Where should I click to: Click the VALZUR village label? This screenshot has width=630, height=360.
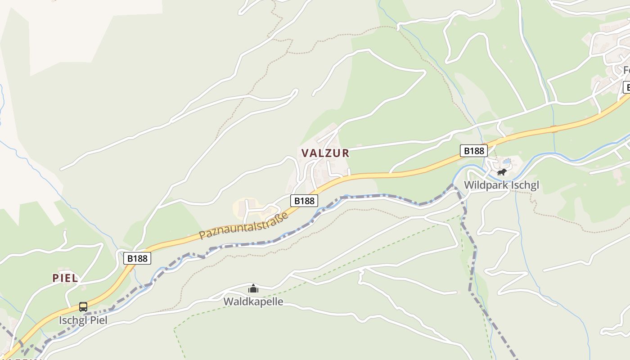tap(325, 153)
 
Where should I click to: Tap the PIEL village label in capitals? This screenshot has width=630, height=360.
tap(65, 278)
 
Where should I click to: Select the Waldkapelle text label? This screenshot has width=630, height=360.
tap(253, 301)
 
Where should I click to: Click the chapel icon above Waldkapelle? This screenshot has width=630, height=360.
tap(253, 288)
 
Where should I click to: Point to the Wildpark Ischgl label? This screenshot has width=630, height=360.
tap(501, 185)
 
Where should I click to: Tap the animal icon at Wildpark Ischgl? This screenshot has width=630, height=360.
tap(501, 172)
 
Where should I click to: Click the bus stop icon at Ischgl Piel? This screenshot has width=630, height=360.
tap(83, 307)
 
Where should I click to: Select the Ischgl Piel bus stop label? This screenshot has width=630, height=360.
tap(83, 320)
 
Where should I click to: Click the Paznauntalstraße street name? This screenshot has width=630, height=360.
tap(243, 226)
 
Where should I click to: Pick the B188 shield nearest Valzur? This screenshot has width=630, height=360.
tap(304, 201)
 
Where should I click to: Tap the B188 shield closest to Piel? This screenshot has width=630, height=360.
tap(137, 258)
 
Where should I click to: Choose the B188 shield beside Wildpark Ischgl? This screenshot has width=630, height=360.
tap(473, 151)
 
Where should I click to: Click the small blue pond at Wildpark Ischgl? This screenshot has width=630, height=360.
tap(507, 161)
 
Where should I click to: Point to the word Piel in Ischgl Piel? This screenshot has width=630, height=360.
tap(99, 320)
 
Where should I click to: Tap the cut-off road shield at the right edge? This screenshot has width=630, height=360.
tap(626, 87)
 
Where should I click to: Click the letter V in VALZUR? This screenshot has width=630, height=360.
tap(305, 153)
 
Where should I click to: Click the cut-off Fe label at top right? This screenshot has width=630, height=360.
tap(626, 71)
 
